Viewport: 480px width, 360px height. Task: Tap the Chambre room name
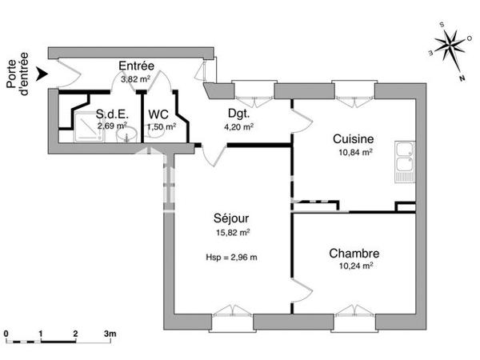tap(354, 253)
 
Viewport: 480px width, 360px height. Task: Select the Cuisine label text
tap(353, 138)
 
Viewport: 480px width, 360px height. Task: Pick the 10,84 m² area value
tap(353, 152)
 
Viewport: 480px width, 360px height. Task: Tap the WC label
tap(158, 113)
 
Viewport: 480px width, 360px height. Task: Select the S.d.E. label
tap(112, 114)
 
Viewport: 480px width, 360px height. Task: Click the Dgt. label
tap(238, 114)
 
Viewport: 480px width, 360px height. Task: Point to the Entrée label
tap(136, 66)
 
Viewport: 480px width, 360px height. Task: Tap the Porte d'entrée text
tap(17, 74)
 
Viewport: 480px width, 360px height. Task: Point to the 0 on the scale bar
tap(6, 332)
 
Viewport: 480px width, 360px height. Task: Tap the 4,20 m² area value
tap(238, 126)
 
